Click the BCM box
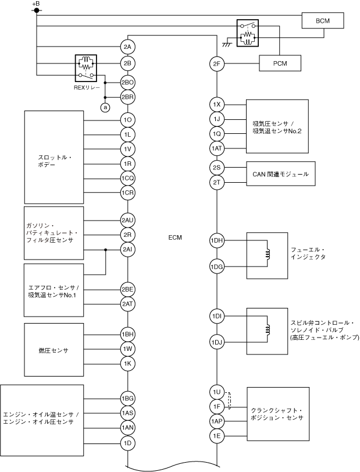click(323, 22)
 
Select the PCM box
click(279, 62)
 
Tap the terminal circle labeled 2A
click(128, 47)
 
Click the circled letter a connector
click(105, 107)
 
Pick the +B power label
click(36, 5)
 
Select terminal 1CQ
click(128, 178)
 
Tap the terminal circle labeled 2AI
click(128, 250)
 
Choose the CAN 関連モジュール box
click(280, 173)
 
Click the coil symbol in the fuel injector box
click(268, 254)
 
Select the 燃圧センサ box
click(54, 350)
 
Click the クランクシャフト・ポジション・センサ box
click(277, 414)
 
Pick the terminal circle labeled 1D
click(128, 442)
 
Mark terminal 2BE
click(128, 289)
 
